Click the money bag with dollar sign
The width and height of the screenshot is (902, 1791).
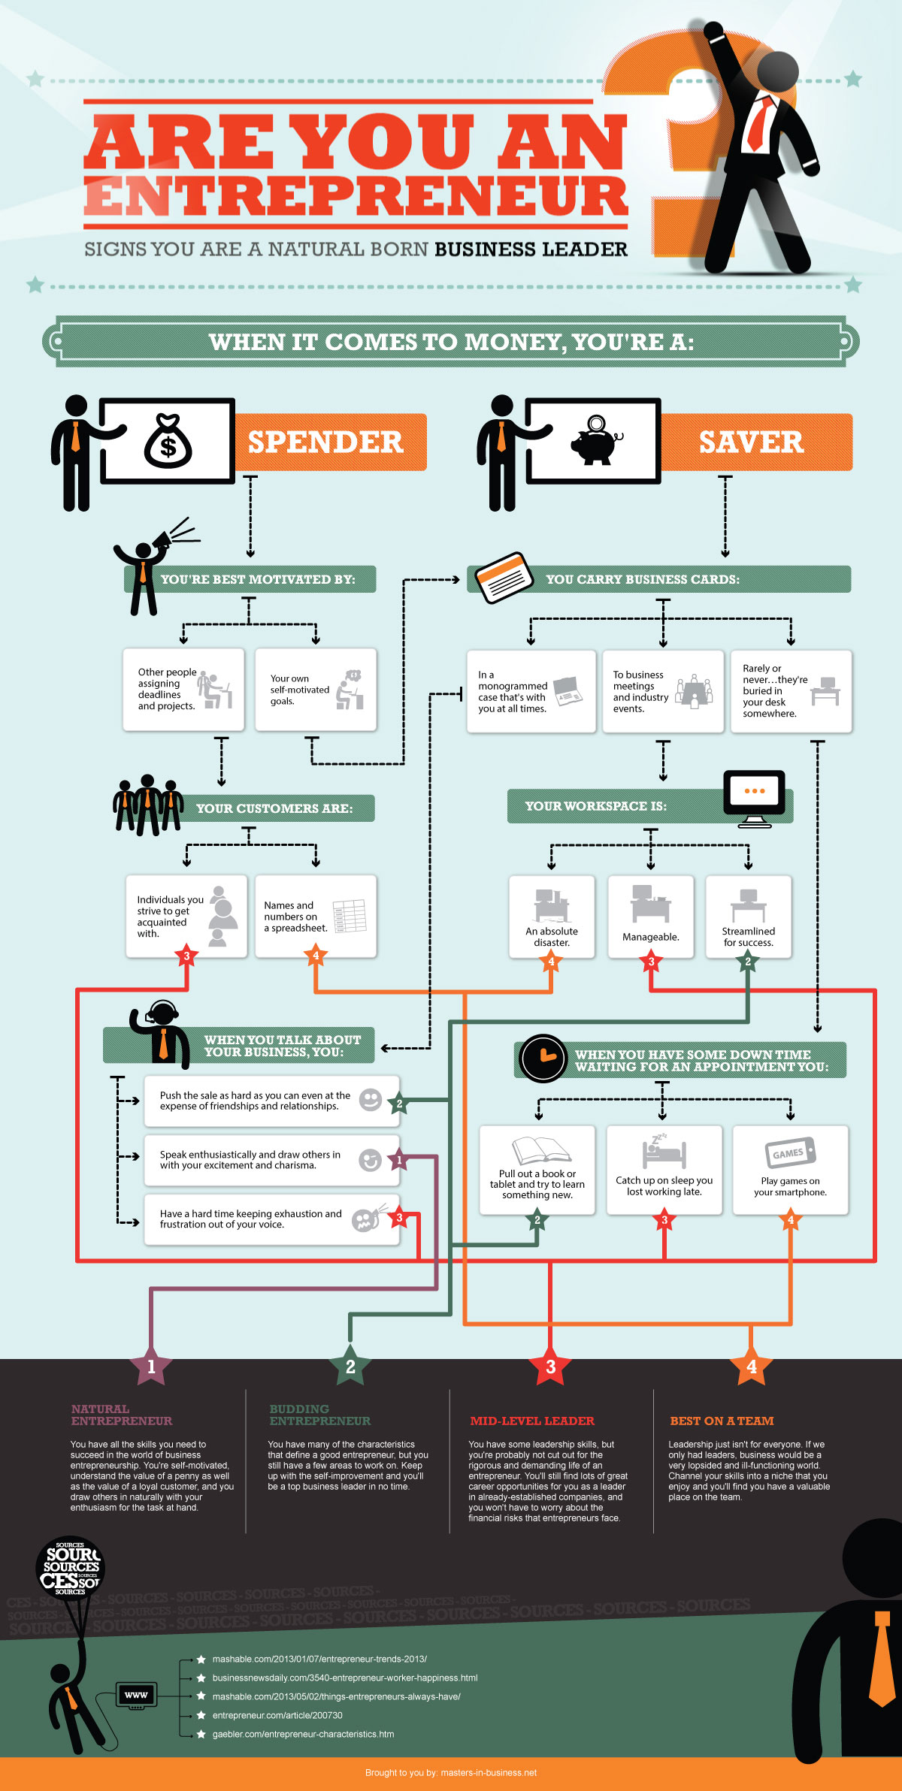[168, 442]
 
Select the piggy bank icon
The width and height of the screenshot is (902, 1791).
[595, 441]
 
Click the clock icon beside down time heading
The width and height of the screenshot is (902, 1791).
[543, 1059]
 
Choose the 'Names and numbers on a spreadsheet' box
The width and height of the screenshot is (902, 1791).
[315, 916]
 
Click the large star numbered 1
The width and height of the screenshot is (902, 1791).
[151, 1367]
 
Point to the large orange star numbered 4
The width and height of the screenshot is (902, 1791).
[751, 1367]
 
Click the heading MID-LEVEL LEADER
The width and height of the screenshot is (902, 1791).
[531, 1421]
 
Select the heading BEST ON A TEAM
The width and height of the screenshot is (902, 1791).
[721, 1421]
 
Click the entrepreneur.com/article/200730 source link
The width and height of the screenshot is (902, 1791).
[277, 1715]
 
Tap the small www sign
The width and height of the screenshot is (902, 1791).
[136, 1695]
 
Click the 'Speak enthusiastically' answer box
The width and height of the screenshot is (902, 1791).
[271, 1160]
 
